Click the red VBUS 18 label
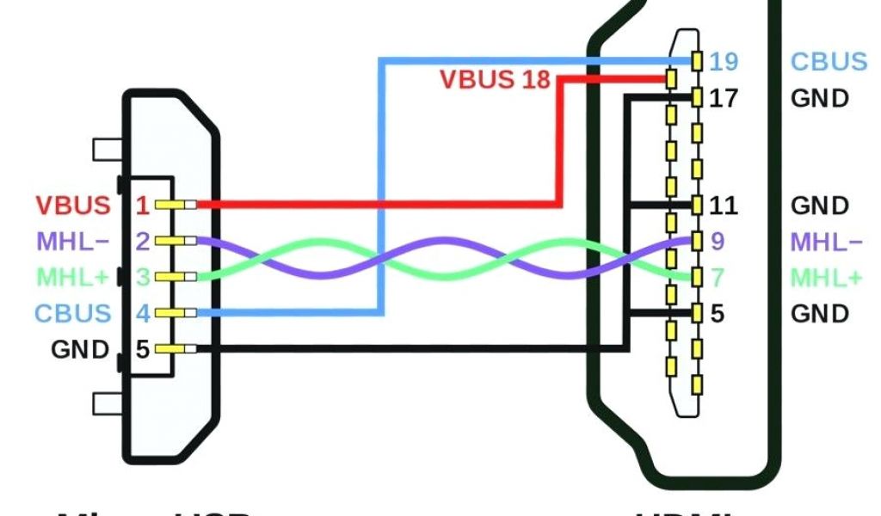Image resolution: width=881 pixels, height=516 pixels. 495,79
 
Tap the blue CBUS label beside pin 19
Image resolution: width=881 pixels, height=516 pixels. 829,62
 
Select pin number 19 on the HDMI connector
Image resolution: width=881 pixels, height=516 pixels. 724,62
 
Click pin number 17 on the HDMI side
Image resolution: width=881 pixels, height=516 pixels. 724,98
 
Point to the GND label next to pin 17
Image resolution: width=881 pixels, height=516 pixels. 820,98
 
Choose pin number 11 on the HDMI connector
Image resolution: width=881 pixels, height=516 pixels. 723,206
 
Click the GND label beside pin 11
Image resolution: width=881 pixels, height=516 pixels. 820,206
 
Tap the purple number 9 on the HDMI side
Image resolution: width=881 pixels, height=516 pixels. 718,242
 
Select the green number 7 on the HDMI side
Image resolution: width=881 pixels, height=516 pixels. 718,278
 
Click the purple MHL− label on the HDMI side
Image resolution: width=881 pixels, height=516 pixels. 826,242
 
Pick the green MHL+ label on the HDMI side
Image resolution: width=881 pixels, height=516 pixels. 826,278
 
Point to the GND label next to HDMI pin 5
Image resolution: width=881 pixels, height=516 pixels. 820,314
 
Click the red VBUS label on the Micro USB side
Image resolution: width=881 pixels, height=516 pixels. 73,206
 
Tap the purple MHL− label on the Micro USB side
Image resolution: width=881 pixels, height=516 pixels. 72,242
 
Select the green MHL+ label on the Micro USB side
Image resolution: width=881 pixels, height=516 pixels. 72,278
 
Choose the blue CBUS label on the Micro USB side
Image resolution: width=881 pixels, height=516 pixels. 73,313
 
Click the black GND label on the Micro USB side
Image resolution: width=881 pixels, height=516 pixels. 80,349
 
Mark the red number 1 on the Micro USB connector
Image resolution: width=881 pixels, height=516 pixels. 143,206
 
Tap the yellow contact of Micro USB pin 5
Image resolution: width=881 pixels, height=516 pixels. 182,349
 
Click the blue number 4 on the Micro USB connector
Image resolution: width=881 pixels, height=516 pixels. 143,313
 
